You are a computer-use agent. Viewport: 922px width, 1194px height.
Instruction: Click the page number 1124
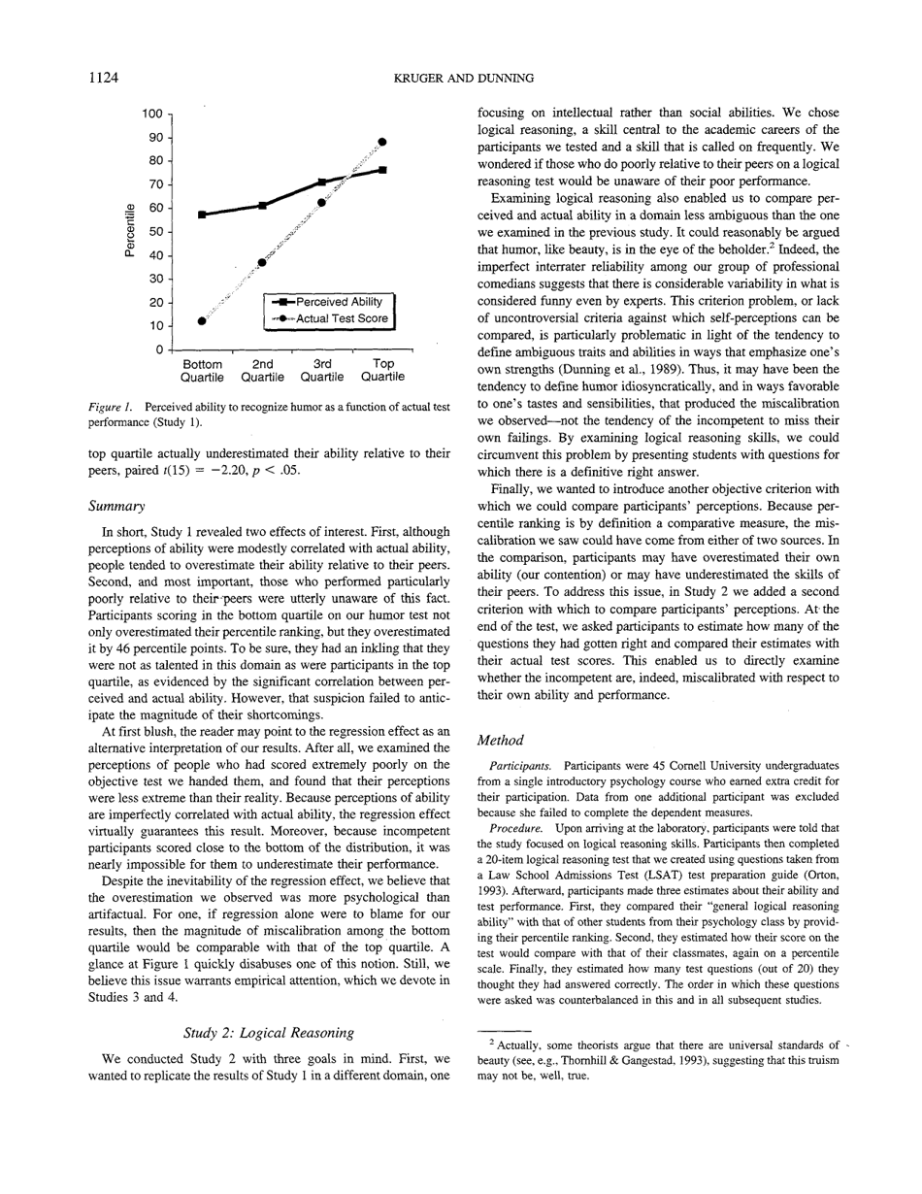pos(103,78)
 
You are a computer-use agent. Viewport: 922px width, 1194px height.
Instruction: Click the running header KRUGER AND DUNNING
pos(463,78)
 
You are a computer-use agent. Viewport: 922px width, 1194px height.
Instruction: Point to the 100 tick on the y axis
pos(152,114)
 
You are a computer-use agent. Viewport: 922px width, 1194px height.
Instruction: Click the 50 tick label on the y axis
pos(155,232)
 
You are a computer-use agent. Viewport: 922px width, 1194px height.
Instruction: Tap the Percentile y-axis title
pos(129,231)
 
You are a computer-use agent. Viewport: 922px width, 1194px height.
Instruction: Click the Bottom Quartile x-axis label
pos(202,371)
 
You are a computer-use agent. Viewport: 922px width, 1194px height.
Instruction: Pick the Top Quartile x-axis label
pos(382,371)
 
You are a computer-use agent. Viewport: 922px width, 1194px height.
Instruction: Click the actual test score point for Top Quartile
pos(382,142)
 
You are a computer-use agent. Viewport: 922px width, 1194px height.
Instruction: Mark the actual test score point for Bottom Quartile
pos(202,320)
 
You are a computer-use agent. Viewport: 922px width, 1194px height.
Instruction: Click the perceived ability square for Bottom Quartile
pos(202,215)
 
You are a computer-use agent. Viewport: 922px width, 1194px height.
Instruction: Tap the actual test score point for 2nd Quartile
pos(262,263)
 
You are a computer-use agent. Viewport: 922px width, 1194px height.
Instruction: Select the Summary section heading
pos(115,506)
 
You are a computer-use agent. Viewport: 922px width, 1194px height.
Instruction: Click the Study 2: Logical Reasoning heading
pos(269,1032)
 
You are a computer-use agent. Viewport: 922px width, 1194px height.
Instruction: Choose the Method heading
pos(501,741)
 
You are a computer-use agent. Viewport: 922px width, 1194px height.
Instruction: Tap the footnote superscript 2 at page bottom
pos(493,1043)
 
